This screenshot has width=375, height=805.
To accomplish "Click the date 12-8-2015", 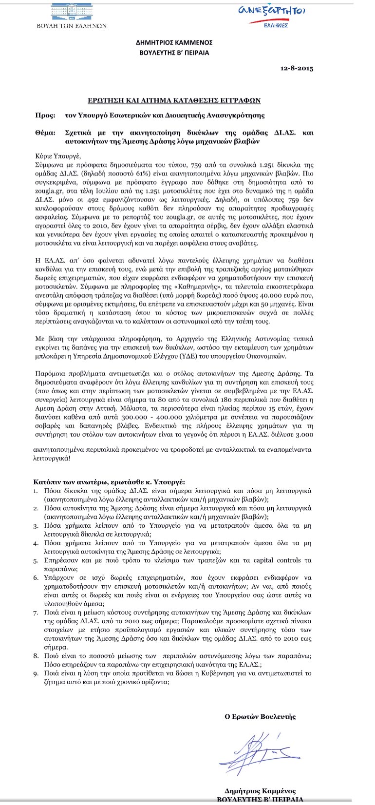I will [x=297, y=68].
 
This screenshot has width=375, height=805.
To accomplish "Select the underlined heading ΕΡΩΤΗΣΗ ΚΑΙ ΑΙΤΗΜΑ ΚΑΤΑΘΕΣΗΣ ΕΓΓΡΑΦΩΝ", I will [x=174, y=100].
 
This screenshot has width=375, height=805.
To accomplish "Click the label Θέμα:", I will [x=46, y=133].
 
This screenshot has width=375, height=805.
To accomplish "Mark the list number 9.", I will [x=36, y=673].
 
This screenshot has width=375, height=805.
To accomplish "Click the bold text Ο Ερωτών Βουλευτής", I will [x=260, y=716].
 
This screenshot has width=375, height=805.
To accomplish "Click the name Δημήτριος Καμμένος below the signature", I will [x=260, y=790].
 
